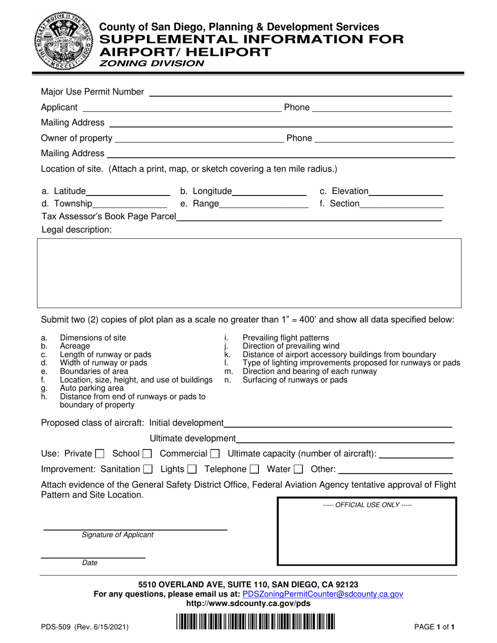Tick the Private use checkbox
(100, 454)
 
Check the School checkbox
(147, 454)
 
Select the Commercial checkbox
(214, 454)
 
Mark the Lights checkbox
(191, 469)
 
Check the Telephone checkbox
(254, 469)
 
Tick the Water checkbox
(298, 469)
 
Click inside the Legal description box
(249, 273)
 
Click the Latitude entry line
(129, 194)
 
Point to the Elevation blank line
(406, 194)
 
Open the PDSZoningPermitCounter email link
(323, 594)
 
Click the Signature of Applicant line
(134, 529)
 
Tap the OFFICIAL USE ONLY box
(366, 532)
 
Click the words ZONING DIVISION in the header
(148, 63)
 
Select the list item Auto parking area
(92, 388)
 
